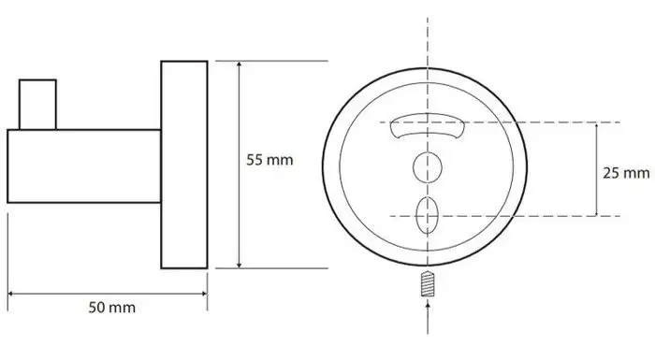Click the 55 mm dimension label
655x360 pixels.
click(x=269, y=160)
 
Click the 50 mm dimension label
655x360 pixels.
click(x=112, y=308)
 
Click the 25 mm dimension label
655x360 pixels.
click(x=626, y=173)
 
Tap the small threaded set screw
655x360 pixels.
click(x=428, y=284)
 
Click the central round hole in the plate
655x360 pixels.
click(x=428, y=167)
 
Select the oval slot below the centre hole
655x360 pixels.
click(x=428, y=215)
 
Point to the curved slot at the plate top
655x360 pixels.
click(x=428, y=125)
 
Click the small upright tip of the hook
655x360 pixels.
click(x=37, y=105)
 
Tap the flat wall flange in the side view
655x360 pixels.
click(x=184, y=165)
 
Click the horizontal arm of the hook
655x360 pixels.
click(x=84, y=166)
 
